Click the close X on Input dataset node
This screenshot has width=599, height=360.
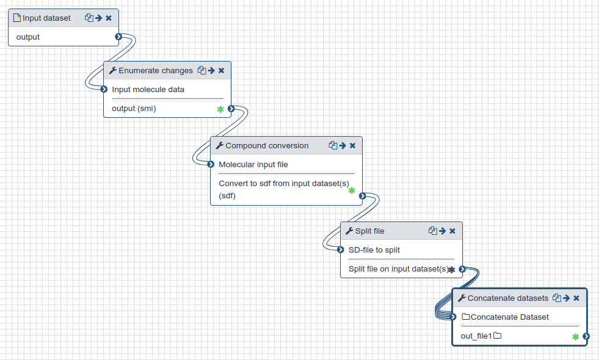tap(109, 18)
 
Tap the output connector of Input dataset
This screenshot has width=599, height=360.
tap(118, 37)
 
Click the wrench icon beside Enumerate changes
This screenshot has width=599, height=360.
tap(113, 70)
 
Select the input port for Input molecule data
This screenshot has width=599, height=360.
tap(104, 89)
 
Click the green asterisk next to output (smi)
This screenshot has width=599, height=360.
tap(220, 109)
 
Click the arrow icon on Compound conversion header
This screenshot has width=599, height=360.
tap(343, 145)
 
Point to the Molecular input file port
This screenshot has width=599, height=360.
tap(211, 165)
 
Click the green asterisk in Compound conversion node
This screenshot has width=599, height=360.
tap(352, 190)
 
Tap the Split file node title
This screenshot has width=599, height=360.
tap(370, 231)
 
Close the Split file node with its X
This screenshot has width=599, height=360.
tap(452, 231)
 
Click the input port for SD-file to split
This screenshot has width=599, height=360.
tap(340, 250)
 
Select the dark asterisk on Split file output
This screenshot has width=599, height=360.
tap(452, 270)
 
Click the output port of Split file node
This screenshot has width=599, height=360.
tap(462, 268)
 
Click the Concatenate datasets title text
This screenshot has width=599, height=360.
tap(507, 298)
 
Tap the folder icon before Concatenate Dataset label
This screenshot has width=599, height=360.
tap(466, 317)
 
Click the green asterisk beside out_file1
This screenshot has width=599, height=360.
tap(575, 337)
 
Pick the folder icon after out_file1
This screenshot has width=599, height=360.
tap(497, 336)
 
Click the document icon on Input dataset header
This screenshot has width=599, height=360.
tap(16, 18)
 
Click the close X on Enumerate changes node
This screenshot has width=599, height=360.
tap(221, 71)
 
